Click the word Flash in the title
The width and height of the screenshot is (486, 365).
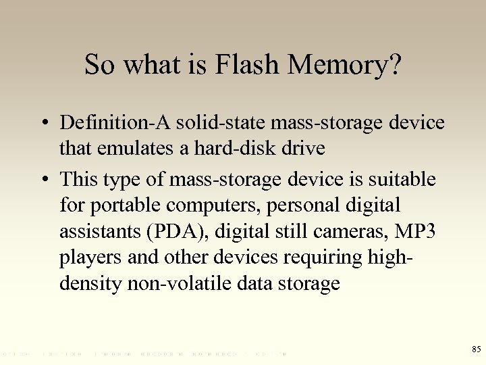pyautogui.click(x=246, y=65)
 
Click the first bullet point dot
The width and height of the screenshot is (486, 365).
pyautogui.click(x=43, y=124)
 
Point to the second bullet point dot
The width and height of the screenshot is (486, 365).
pyautogui.click(x=43, y=180)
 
